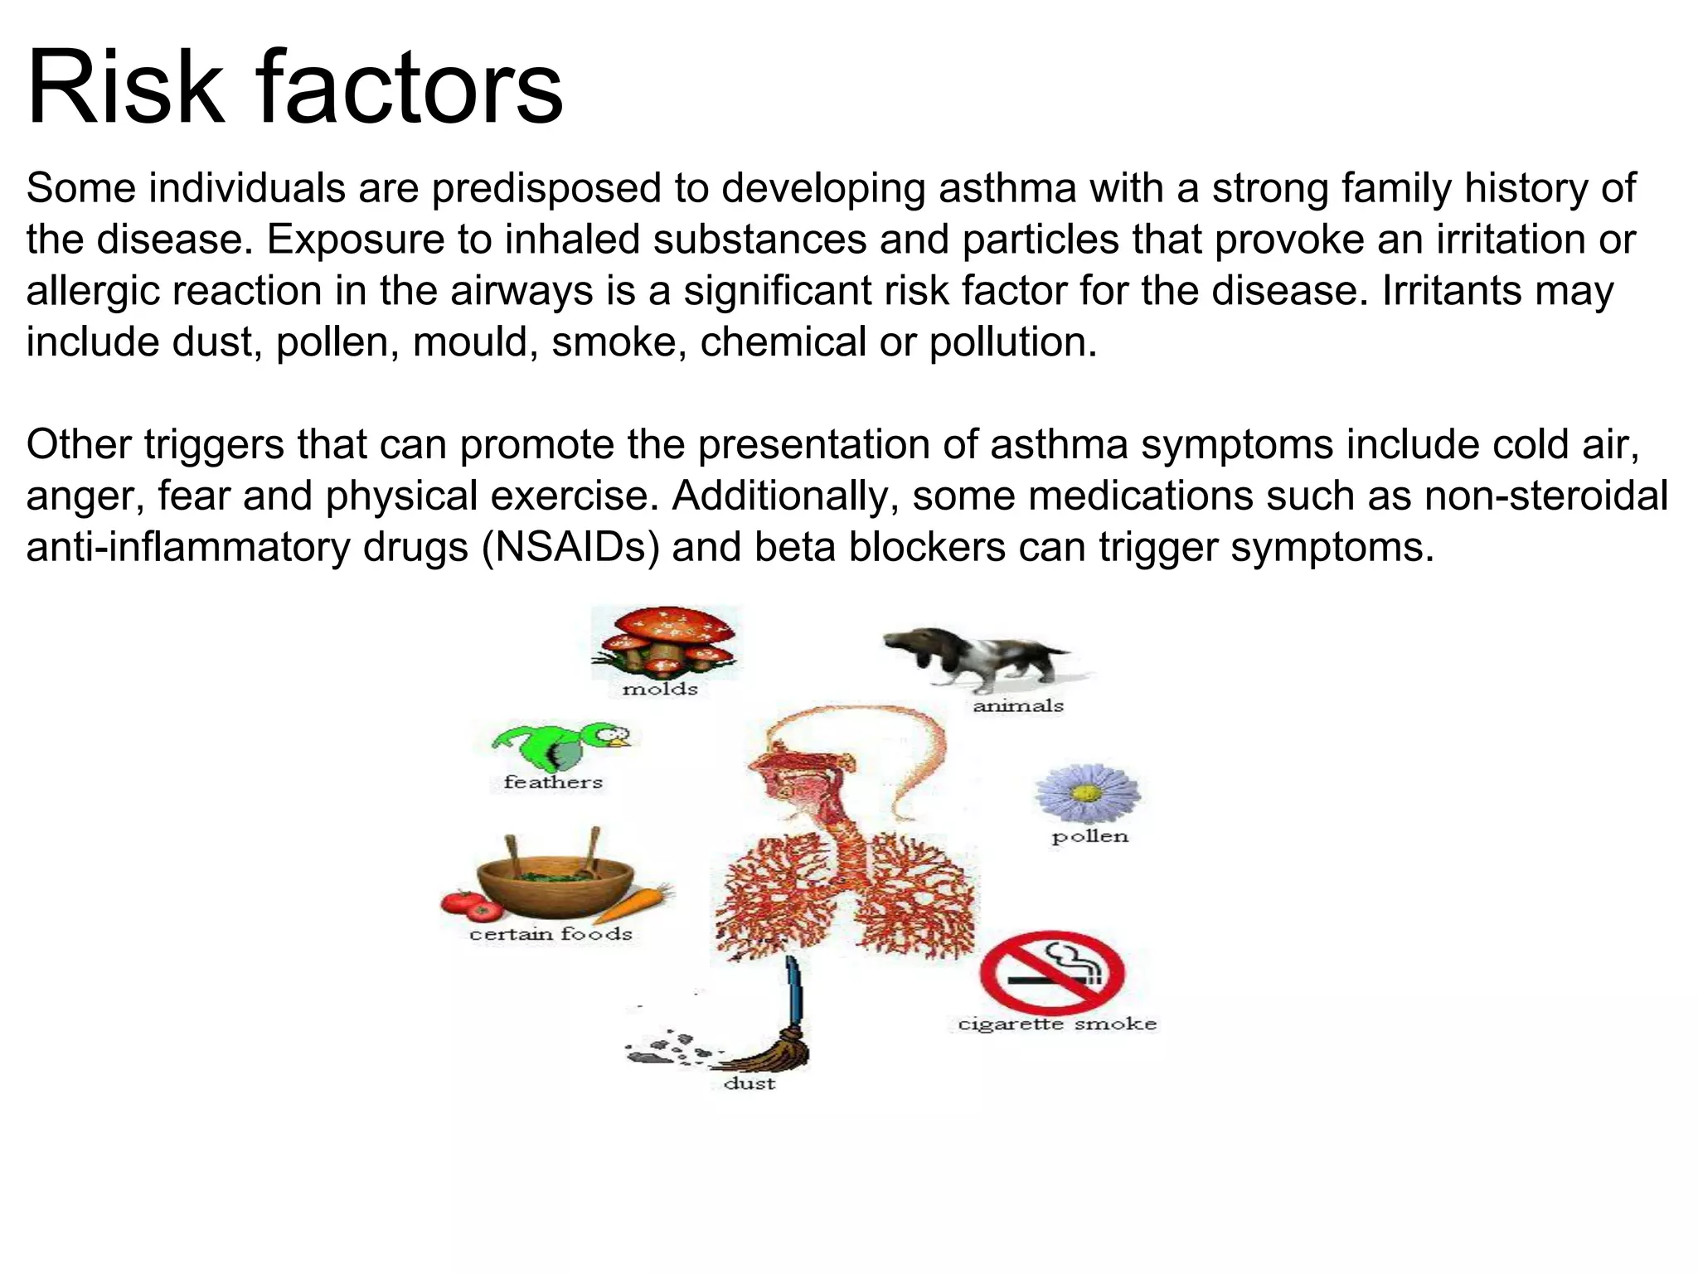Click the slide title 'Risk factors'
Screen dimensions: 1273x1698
pyautogui.click(x=294, y=87)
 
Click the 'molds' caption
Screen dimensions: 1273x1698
pyautogui.click(x=660, y=689)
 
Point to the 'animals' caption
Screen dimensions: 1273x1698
pyautogui.click(x=1017, y=706)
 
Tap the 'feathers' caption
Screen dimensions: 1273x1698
pyautogui.click(x=553, y=782)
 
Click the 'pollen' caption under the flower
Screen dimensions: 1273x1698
pyautogui.click(x=1089, y=837)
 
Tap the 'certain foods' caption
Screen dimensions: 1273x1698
pyautogui.click(x=551, y=934)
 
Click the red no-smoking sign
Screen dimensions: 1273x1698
pyautogui.click(x=1051, y=972)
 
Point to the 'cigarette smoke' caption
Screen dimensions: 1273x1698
pyautogui.click(x=1057, y=1024)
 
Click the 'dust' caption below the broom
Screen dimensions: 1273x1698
pyautogui.click(x=750, y=1083)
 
